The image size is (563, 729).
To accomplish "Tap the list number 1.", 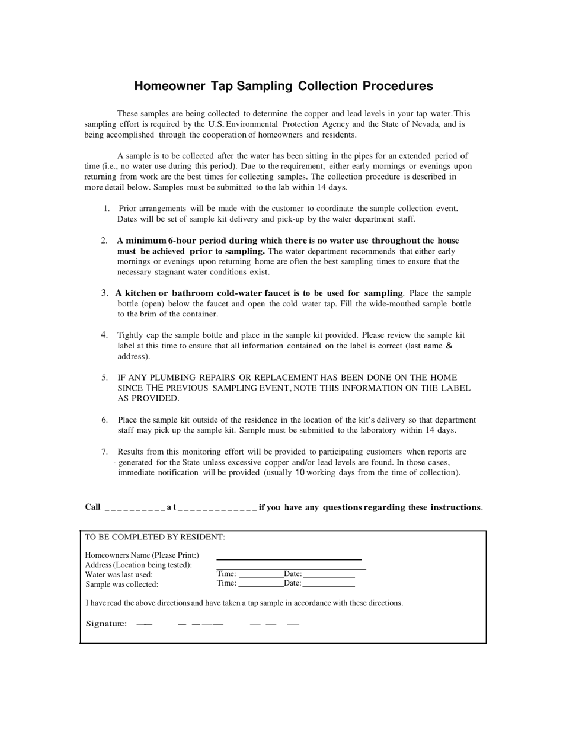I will [x=106, y=208].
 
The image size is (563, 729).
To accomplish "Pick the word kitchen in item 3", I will [x=140, y=293].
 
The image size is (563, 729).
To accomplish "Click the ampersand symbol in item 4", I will [x=448, y=346].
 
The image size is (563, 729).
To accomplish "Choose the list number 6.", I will [x=104, y=420].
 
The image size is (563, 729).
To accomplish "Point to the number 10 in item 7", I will [x=300, y=472].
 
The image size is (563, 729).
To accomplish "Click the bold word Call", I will [x=92, y=507].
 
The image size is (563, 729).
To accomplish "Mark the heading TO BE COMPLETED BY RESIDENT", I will [x=155, y=537].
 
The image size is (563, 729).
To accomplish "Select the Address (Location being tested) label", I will [x=139, y=565].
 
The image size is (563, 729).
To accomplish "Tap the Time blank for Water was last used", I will [x=260, y=574].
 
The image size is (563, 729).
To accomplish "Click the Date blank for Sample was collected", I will [x=328, y=584].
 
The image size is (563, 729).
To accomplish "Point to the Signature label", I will [x=106, y=623].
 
